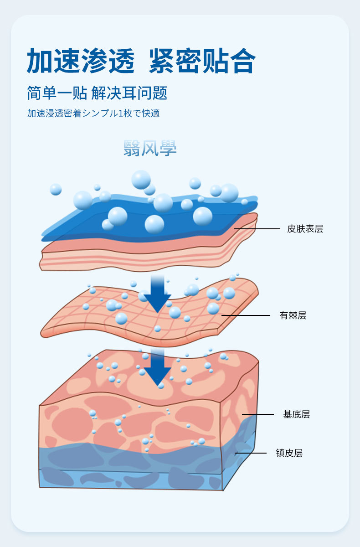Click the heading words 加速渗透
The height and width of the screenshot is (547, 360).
(x=81, y=61)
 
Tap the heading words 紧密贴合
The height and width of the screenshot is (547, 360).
(x=202, y=61)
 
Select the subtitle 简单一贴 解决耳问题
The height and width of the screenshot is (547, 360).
(x=97, y=93)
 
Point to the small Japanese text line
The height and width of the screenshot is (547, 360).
(x=93, y=114)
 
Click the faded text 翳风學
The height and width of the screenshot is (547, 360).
(x=150, y=148)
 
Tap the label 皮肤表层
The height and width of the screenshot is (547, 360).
(x=305, y=229)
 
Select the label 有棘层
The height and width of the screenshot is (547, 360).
(x=293, y=315)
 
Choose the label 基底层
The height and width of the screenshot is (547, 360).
(x=296, y=414)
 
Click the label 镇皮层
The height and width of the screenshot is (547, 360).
(x=289, y=453)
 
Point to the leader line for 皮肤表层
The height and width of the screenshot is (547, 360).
(x=257, y=229)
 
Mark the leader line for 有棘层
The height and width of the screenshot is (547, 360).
(x=246, y=315)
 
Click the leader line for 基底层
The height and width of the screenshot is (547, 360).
(x=257, y=414)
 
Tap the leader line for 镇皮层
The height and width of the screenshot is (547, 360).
(x=251, y=453)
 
